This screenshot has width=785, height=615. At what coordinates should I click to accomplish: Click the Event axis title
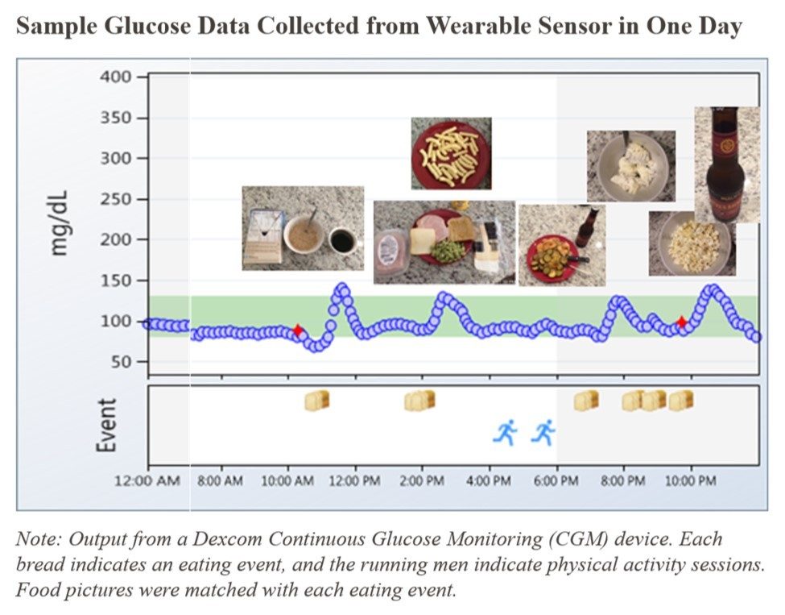click(106, 424)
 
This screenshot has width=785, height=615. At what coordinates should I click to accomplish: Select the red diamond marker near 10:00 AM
click(298, 330)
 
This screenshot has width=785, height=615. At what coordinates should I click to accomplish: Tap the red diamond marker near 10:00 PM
click(682, 322)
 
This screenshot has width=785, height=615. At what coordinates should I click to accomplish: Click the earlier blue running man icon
click(505, 433)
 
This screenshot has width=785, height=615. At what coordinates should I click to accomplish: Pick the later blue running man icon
click(543, 433)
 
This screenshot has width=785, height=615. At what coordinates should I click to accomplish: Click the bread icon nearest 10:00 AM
click(317, 400)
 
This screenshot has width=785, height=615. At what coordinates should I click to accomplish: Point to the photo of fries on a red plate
click(451, 153)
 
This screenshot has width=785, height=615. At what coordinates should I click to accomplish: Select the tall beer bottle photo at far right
click(726, 164)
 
